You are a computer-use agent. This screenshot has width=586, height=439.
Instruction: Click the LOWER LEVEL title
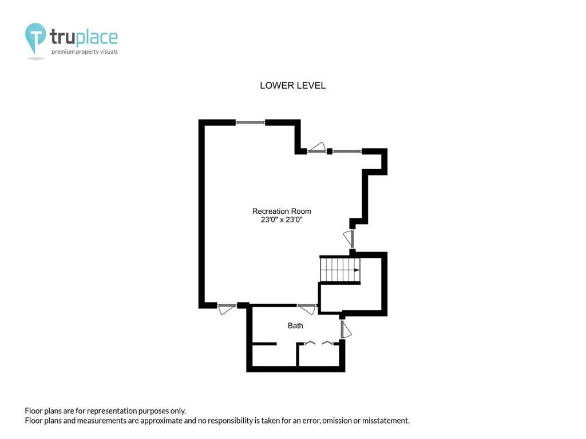tap(292, 86)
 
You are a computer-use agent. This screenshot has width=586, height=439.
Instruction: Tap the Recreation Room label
tap(282, 211)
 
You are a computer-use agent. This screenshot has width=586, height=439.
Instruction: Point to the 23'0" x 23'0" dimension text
tap(282, 220)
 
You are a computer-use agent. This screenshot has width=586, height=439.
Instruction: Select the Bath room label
tap(295, 326)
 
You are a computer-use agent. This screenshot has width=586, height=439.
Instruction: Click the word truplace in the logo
tap(84, 37)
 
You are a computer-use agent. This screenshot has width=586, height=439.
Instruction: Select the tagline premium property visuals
tap(85, 52)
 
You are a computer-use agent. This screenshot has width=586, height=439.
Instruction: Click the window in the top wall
tap(251, 122)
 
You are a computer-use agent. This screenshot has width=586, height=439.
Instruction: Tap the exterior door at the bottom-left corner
tap(227, 309)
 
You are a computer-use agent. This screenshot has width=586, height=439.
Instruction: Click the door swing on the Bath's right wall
tap(346, 330)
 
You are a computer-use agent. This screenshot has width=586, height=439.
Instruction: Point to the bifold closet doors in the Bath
tap(319, 343)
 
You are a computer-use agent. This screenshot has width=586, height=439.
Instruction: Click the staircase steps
tap(340, 270)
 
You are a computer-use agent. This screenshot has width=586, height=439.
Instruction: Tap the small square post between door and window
tap(330, 151)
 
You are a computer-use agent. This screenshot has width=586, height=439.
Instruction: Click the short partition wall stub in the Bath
tap(264, 344)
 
